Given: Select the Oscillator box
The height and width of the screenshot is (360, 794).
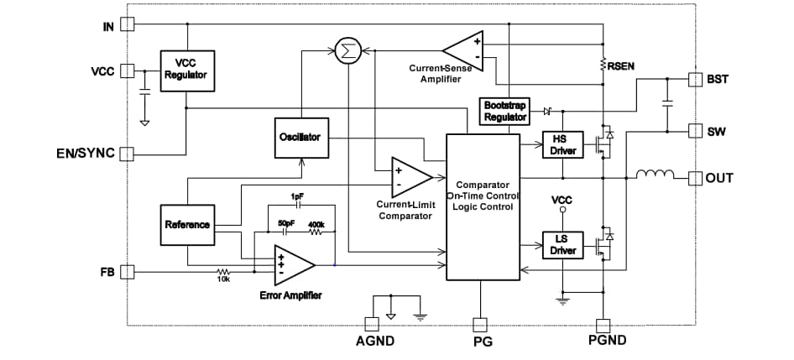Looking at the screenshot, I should click(x=299, y=137).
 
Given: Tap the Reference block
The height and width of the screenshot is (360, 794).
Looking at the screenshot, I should click(x=187, y=225).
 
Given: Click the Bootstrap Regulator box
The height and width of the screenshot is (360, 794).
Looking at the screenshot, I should click(x=505, y=111).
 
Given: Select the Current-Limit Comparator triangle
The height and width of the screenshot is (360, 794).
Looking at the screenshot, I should click(x=410, y=176).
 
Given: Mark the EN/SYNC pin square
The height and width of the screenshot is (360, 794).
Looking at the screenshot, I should click(x=128, y=154).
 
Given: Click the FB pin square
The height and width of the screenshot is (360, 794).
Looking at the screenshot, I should click(x=128, y=271).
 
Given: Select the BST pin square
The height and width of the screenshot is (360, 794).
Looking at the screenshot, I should click(x=694, y=79).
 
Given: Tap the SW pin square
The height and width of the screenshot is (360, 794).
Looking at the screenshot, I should click(x=694, y=131).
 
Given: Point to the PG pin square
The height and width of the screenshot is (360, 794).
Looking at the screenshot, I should click(x=480, y=324).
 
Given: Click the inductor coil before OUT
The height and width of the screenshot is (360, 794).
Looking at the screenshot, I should click(x=656, y=176).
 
